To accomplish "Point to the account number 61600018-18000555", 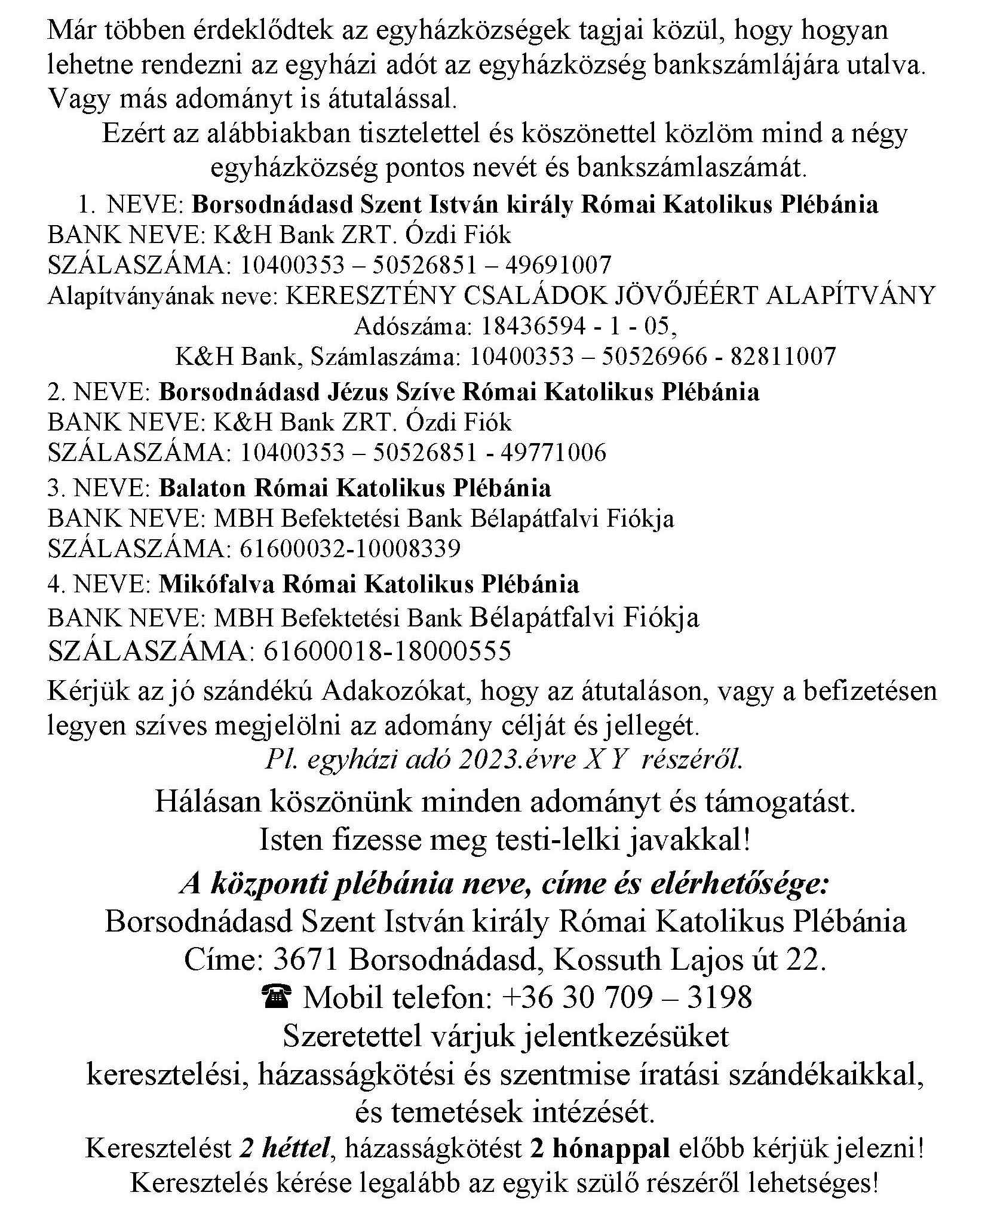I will coord(386,651).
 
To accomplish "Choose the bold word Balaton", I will coord(202,488).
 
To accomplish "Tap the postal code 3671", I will coord(306,960).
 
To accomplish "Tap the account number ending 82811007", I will coord(652,357).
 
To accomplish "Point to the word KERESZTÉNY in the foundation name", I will coord(373,296).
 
